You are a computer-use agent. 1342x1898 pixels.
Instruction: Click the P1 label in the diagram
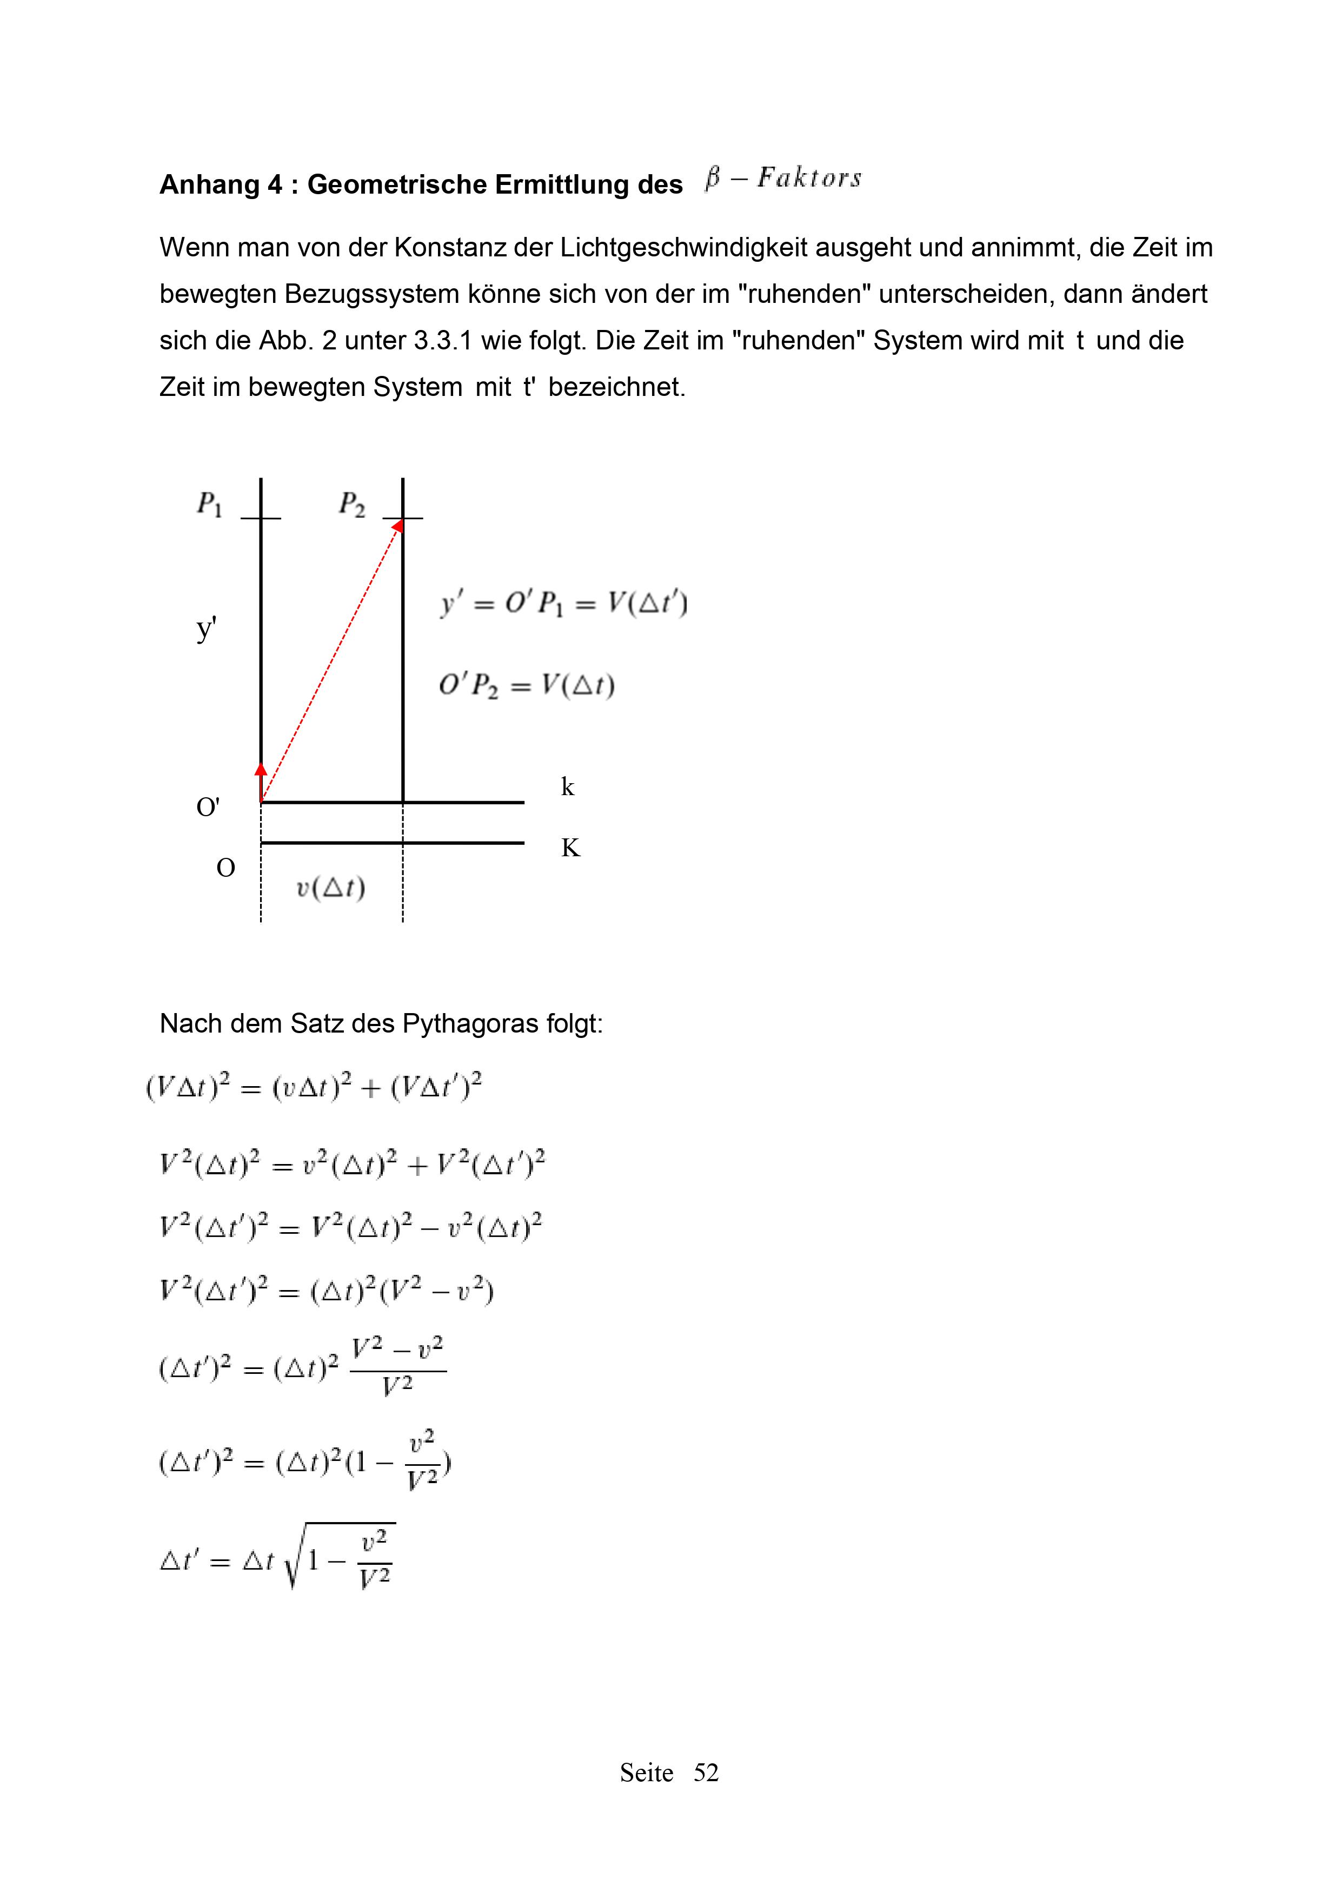click(209, 504)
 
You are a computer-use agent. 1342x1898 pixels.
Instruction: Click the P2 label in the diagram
click(351, 504)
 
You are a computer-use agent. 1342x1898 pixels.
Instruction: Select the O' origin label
click(208, 807)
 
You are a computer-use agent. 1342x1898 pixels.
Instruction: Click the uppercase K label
click(570, 848)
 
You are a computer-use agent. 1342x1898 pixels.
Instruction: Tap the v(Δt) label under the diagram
click(330, 887)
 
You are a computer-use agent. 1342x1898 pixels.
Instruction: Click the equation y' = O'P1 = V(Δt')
click(563, 604)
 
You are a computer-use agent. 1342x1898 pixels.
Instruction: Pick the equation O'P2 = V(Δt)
click(527, 685)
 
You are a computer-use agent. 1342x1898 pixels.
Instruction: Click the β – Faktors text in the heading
click(783, 178)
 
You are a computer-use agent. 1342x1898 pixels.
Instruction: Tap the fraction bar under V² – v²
click(398, 1371)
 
